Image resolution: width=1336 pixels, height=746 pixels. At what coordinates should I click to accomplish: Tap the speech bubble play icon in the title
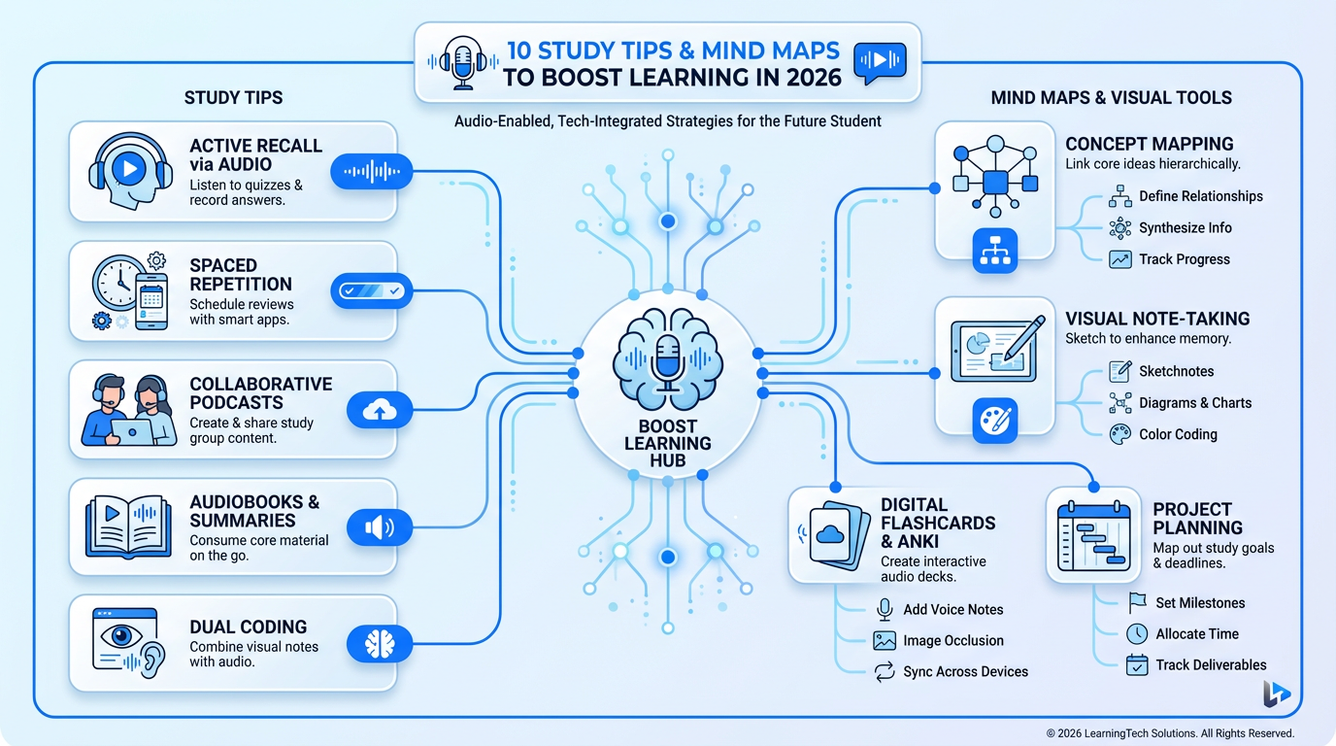pos(878,61)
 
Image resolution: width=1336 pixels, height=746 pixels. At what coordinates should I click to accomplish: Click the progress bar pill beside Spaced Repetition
pos(372,290)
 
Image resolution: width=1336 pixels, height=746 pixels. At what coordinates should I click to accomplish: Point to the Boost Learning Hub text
pos(668,443)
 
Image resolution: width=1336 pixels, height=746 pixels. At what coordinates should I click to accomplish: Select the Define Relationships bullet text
pos(1200,196)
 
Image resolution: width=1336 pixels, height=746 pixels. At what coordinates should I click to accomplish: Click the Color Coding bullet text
pos(1178,434)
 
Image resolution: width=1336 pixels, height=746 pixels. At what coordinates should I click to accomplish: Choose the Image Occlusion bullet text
pos(952,641)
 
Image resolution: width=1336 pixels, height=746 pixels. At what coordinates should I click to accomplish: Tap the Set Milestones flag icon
pos(1137,602)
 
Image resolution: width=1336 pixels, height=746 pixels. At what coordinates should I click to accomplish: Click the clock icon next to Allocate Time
pos(1137,633)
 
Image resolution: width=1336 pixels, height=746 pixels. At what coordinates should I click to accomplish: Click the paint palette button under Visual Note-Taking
pos(994,421)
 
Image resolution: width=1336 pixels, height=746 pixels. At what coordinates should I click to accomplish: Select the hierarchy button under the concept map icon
pos(994,251)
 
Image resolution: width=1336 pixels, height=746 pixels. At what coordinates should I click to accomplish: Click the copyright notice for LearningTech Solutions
pos(1169,733)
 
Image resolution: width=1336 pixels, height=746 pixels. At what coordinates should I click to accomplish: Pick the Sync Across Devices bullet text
pos(965,672)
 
